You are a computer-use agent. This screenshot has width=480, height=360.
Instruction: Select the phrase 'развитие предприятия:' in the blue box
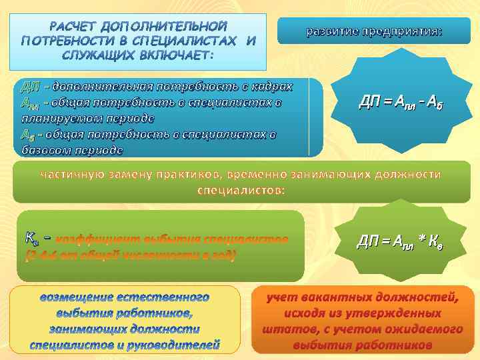point(373,31)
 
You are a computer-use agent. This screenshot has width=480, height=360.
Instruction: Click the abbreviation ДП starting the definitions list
point(29,87)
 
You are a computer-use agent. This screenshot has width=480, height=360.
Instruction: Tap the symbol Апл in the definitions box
point(29,103)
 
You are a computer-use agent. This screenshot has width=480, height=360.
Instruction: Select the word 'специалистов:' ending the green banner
point(241,190)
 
